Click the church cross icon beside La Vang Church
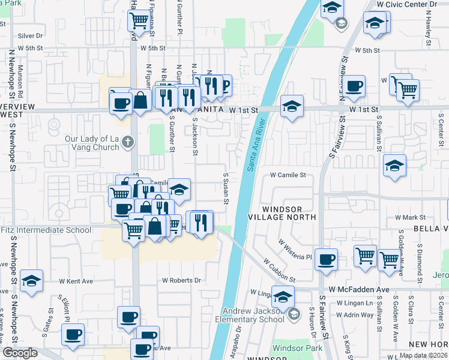click(127, 142)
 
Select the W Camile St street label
click(288, 175)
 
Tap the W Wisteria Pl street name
click(295, 250)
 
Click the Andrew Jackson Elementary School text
click(253, 315)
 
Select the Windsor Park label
click(294, 348)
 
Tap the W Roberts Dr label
click(182, 280)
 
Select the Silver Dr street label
click(31, 36)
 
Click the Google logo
click(20, 353)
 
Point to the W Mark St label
click(410, 217)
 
